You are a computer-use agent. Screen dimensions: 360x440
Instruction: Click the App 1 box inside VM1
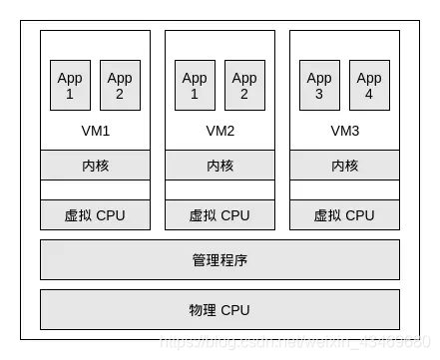(x=70, y=86)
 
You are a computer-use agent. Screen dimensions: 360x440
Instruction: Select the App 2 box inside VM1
(x=120, y=86)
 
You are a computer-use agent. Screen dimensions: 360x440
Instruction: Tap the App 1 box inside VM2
(x=195, y=86)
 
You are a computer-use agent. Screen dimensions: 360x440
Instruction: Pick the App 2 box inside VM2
(x=244, y=86)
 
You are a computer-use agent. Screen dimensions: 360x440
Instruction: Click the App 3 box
(x=319, y=86)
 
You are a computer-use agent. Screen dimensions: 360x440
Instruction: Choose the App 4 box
(x=369, y=86)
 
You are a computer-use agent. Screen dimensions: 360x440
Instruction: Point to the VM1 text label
(x=95, y=131)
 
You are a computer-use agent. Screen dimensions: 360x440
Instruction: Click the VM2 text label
(x=220, y=131)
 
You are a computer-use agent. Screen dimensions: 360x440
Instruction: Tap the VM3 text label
(x=344, y=131)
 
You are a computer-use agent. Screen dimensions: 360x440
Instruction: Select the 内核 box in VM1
(x=95, y=166)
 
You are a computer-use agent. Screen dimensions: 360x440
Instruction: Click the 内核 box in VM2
(x=220, y=166)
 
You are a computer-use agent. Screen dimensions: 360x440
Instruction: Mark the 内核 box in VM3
(x=344, y=166)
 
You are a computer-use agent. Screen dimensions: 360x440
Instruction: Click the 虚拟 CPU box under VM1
(x=95, y=215)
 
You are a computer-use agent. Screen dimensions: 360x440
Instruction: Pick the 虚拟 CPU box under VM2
(x=220, y=215)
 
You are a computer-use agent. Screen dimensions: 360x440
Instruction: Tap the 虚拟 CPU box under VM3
(x=344, y=215)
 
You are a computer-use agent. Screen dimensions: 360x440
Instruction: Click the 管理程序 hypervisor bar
(x=220, y=260)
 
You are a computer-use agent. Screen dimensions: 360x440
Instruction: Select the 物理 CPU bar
(x=220, y=309)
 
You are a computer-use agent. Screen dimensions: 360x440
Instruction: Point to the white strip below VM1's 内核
(x=95, y=190)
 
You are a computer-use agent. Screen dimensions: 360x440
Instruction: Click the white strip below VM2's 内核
(x=220, y=190)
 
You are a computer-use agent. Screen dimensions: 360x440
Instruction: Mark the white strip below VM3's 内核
(x=344, y=190)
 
